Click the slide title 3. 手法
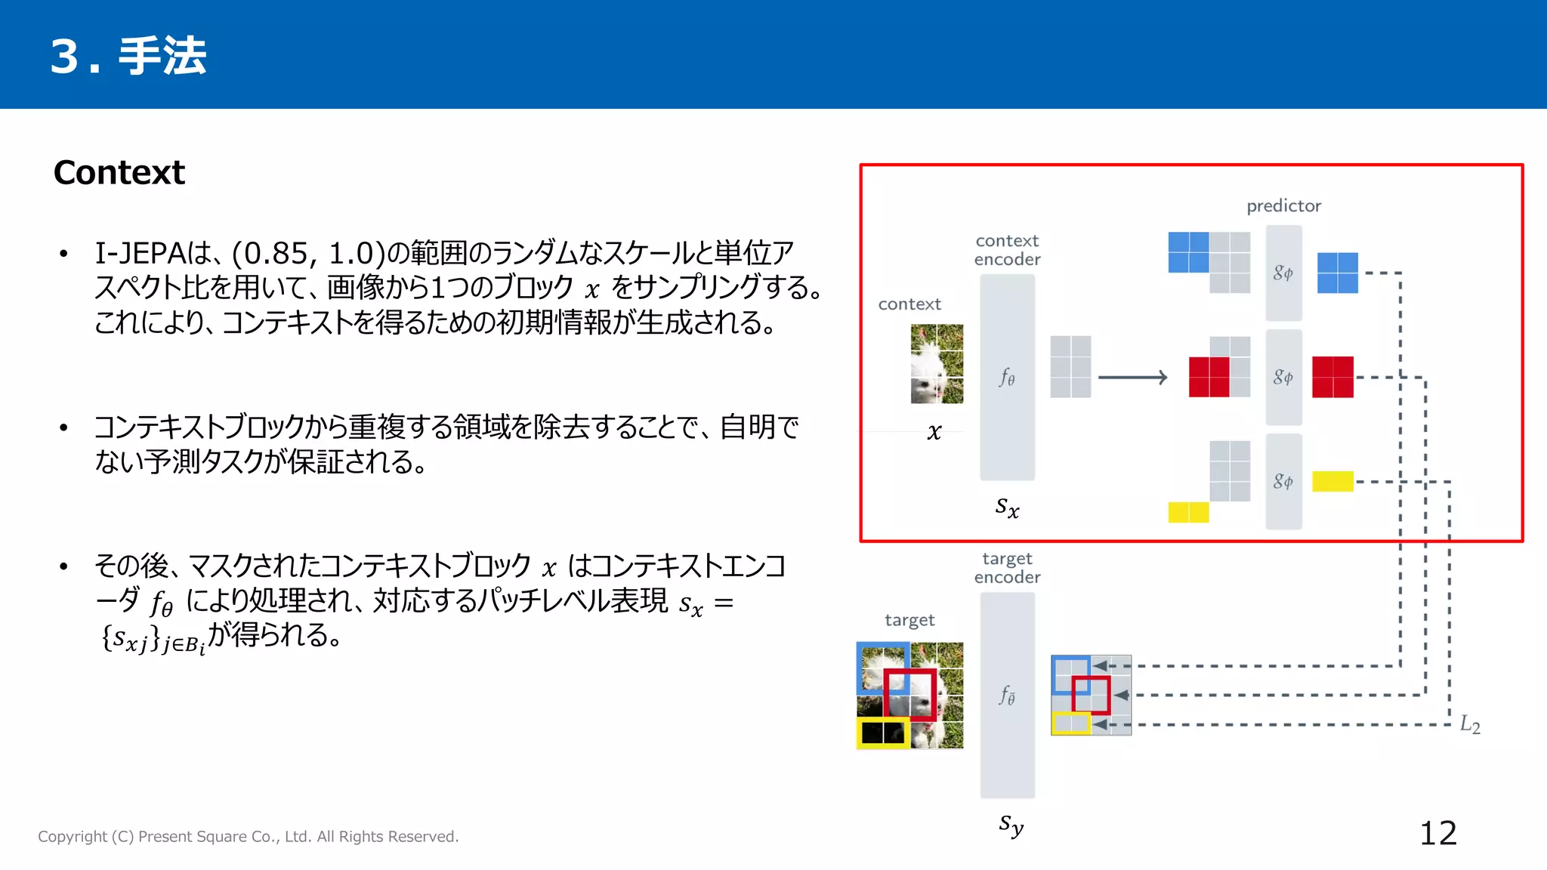pyautogui.click(x=128, y=56)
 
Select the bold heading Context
pyautogui.click(x=119, y=172)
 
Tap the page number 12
pyautogui.click(x=1437, y=833)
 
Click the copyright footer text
pyautogui.click(x=249, y=836)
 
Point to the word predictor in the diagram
pyautogui.click(x=1283, y=205)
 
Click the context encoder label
pyautogui.click(x=1007, y=250)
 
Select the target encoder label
pyautogui.click(x=1007, y=568)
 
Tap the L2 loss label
pyautogui.click(x=1469, y=725)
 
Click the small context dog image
pyautogui.click(x=937, y=363)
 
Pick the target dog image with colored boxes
pyautogui.click(x=910, y=695)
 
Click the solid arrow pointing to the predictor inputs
pyautogui.click(x=1132, y=377)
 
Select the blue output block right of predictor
pyautogui.click(x=1337, y=273)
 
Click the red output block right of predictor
pyautogui.click(x=1332, y=377)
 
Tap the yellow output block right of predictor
pyautogui.click(x=1332, y=481)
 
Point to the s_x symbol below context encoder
pyautogui.click(x=1007, y=507)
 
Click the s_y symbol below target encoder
pyautogui.click(x=1011, y=825)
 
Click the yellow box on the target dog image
pyautogui.click(x=883, y=733)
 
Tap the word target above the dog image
pyautogui.click(x=909, y=620)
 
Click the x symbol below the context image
pyautogui.click(x=934, y=432)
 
